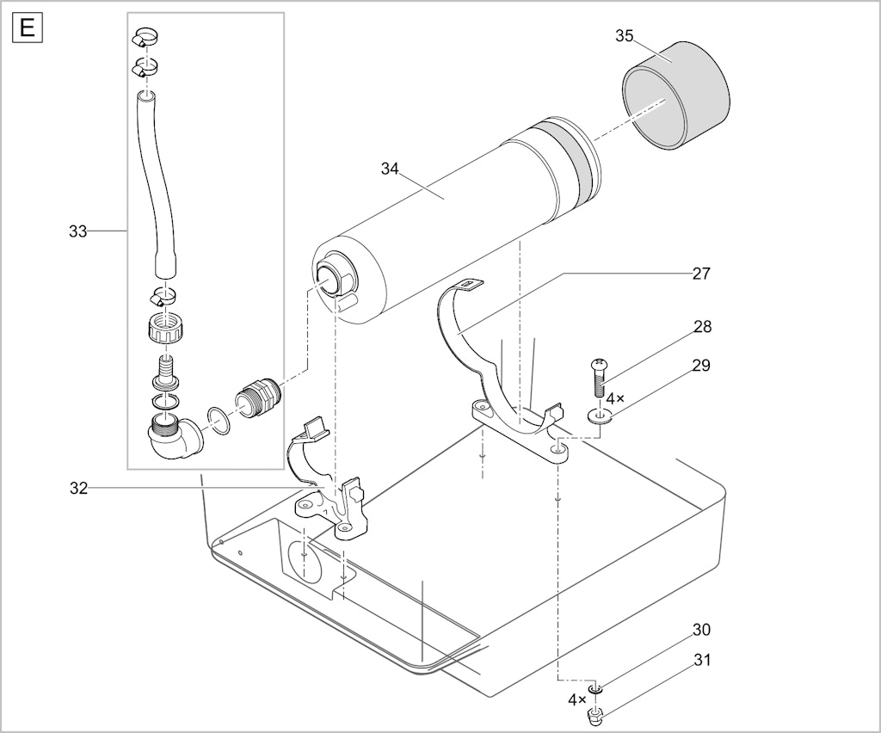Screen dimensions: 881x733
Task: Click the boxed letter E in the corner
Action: point(27,28)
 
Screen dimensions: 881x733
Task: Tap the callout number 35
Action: point(625,36)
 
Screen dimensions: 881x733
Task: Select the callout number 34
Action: point(390,169)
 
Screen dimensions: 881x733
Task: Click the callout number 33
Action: point(78,231)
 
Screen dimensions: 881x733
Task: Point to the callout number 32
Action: point(78,489)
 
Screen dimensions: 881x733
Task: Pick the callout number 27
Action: point(701,274)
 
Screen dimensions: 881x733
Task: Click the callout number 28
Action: point(702,326)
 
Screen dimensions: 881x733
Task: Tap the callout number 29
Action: point(701,366)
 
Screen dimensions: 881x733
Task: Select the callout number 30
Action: point(701,630)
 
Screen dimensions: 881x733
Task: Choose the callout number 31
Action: point(701,660)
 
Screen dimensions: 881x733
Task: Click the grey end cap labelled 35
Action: point(675,95)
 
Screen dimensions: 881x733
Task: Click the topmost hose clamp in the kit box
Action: point(145,38)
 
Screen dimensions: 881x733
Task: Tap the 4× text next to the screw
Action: point(615,399)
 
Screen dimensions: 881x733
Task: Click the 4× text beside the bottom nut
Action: point(576,699)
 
